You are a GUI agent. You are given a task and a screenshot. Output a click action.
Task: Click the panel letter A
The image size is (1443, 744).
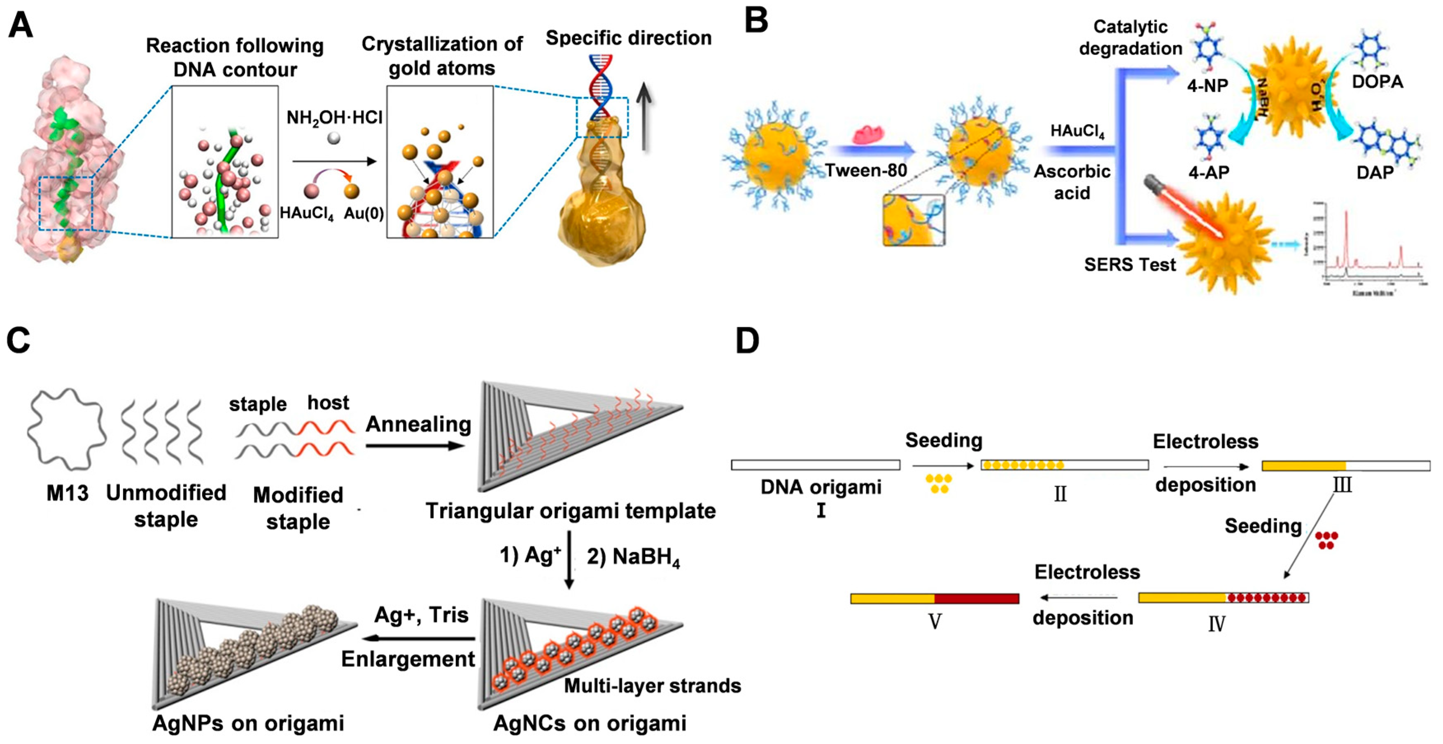[x=20, y=25]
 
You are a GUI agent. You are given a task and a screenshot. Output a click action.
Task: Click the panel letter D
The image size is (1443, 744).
[x=747, y=341]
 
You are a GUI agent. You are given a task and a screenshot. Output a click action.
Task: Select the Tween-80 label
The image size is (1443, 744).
[x=866, y=170]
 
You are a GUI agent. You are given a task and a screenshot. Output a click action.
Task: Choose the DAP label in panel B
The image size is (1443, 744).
[x=1375, y=172]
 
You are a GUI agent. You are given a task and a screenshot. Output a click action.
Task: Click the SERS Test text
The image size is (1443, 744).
[x=1129, y=264]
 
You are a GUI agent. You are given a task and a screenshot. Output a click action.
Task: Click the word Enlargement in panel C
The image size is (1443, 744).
[x=408, y=659]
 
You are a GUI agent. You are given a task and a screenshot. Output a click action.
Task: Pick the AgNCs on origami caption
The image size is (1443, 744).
[x=589, y=723]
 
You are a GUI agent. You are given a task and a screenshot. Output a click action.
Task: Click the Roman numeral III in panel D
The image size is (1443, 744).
[x=1342, y=484]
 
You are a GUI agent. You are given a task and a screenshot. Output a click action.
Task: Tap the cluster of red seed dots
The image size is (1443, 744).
[x=1326, y=540]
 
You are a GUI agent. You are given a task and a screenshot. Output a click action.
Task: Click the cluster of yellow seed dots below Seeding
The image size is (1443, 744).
[x=939, y=484]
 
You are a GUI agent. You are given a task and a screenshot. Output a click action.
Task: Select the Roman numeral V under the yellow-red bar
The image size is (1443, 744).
[x=935, y=621]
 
